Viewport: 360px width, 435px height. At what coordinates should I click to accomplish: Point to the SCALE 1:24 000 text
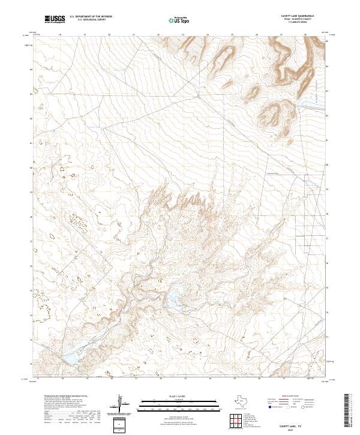pos(179,396)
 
